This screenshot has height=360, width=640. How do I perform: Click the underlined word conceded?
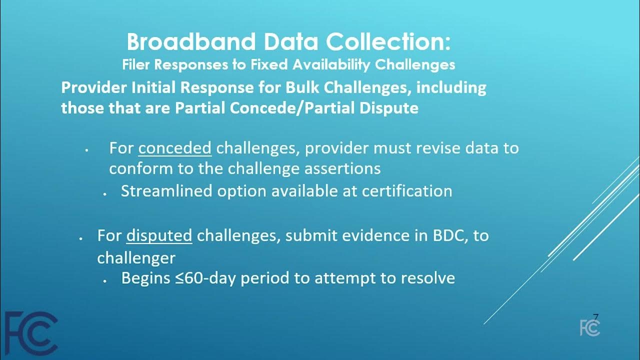[175, 148]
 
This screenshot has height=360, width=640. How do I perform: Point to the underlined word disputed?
[159, 235]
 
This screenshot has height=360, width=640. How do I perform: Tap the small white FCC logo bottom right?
[590, 327]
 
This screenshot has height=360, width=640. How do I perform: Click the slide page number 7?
[595, 317]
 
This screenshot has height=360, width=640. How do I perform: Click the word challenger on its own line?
[136, 258]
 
